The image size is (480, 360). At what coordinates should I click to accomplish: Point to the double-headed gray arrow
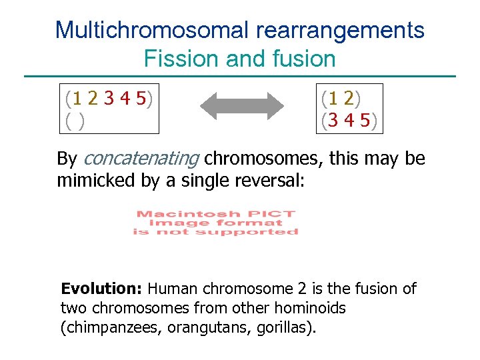pyautogui.click(x=243, y=106)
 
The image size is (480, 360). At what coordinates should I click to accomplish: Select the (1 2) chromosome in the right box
pyautogui.click(x=341, y=99)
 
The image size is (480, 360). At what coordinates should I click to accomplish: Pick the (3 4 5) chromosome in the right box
pyautogui.click(x=349, y=121)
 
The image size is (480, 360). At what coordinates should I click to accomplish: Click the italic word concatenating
pyautogui.click(x=141, y=159)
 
